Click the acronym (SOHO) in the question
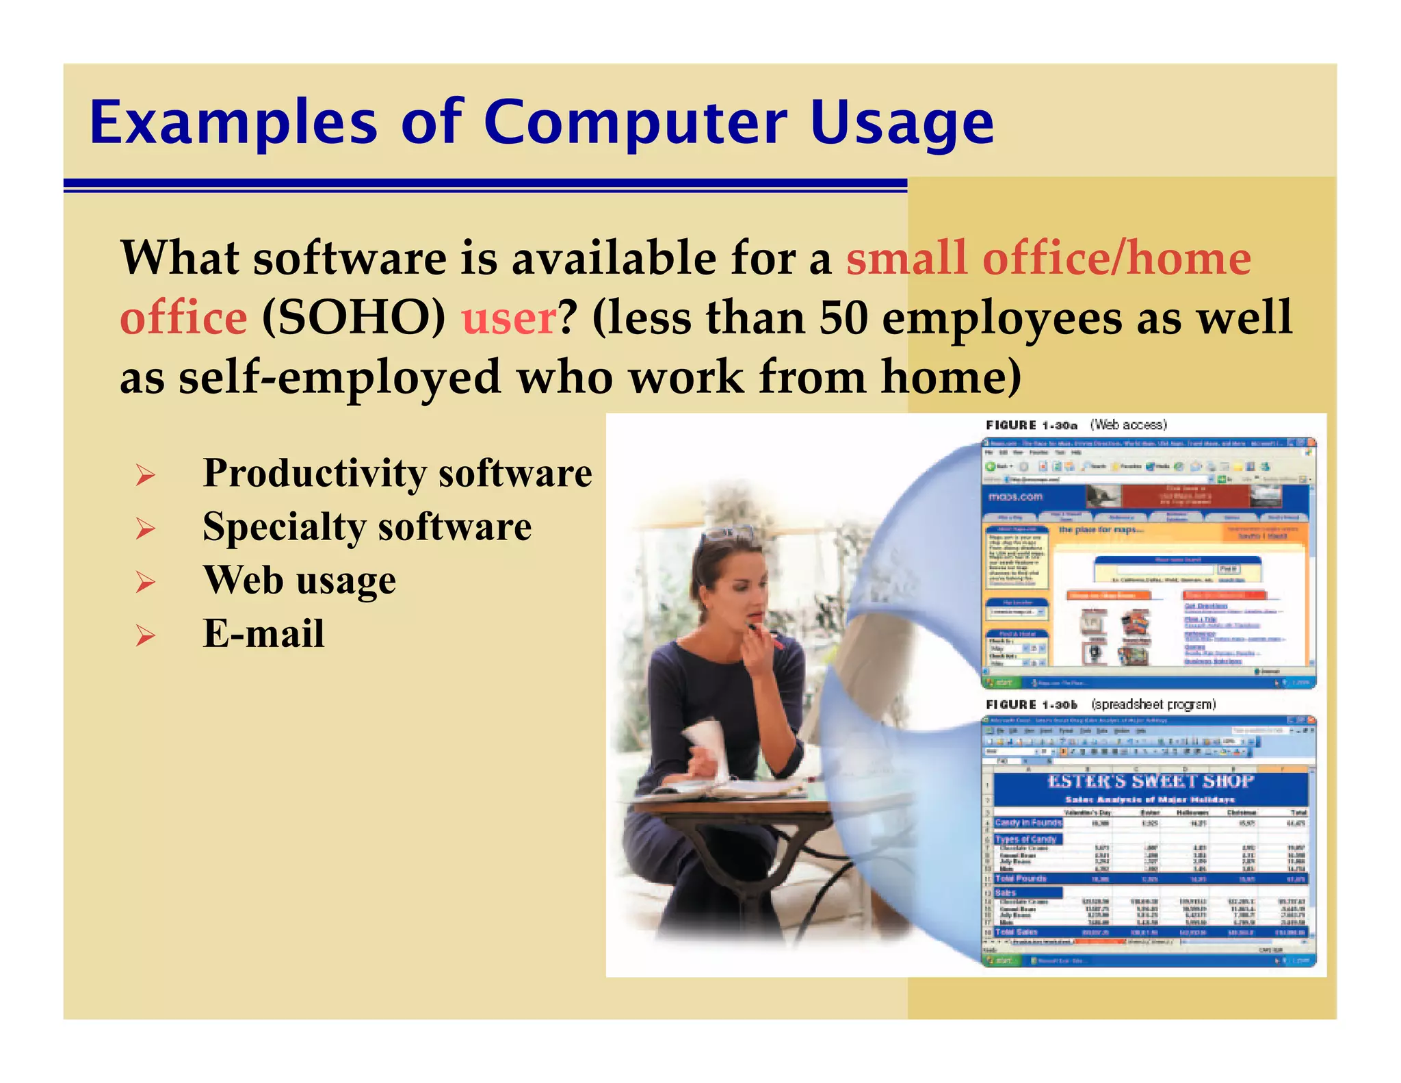click(x=353, y=318)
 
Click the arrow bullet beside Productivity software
click(x=145, y=474)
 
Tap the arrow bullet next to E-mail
click(x=145, y=636)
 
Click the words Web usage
click(x=299, y=581)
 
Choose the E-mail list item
click(x=263, y=634)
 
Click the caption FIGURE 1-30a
click(x=1031, y=425)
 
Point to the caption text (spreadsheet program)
click(x=1153, y=704)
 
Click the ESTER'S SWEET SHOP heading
click(x=1150, y=782)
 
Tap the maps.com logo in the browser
click(x=1015, y=496)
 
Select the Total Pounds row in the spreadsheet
click(x=1150, y=878)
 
